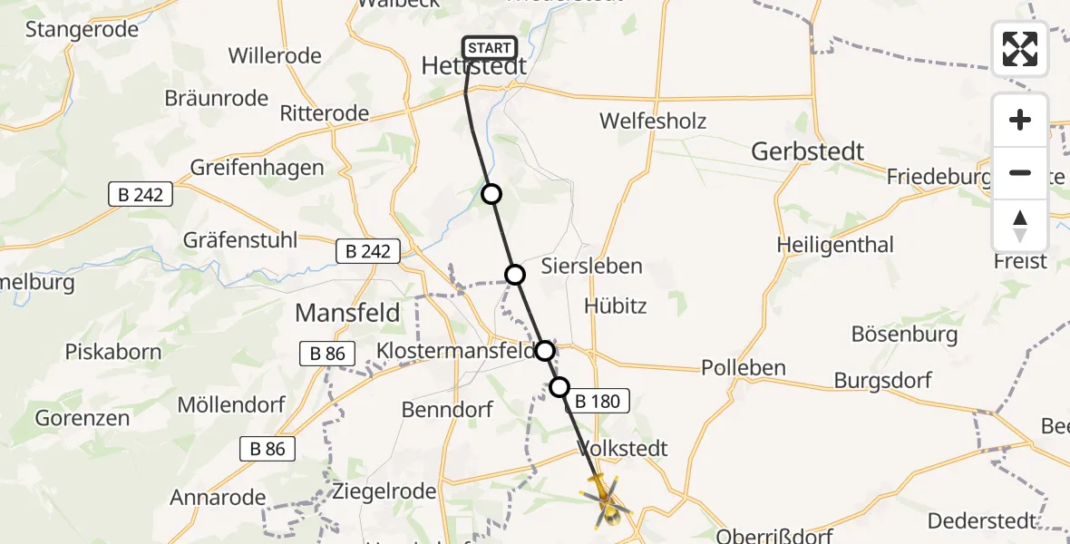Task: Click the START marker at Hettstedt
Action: [x=490, y=48]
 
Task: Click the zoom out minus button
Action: [x=1020, y=172]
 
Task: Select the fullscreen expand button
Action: [x=1020, y=49]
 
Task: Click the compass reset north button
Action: [x=1020, y=225]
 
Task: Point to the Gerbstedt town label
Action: [x=808, y=151]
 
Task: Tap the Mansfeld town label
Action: [x=347, y=314]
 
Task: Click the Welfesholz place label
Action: [x=653, y=121]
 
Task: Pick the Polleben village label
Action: [x=744, y=368]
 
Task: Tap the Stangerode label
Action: [x=82, y=29]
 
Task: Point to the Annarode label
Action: [x=218, y=498]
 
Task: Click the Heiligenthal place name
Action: [x=835, y=245]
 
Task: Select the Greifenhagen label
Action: [x=257, y=168]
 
